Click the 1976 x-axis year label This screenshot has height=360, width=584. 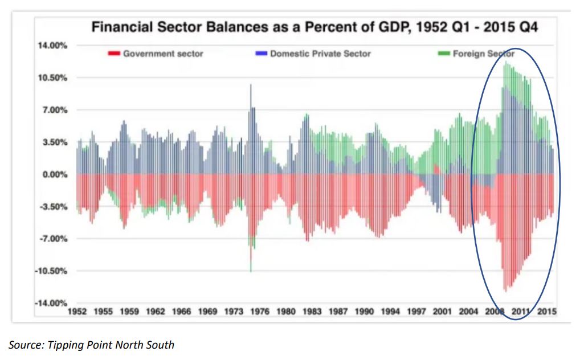tap(260, 312)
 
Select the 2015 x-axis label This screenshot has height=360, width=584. tap(547, 312)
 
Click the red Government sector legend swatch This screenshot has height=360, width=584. tap(113, 54)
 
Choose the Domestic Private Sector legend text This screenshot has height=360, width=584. tap(320, 54)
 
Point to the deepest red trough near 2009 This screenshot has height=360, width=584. tap(505, 288)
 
